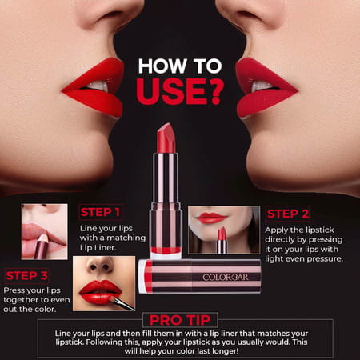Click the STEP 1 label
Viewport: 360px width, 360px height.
100,213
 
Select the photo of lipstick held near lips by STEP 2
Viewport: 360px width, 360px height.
223,230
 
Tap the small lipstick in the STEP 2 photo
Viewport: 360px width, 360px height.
222,240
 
